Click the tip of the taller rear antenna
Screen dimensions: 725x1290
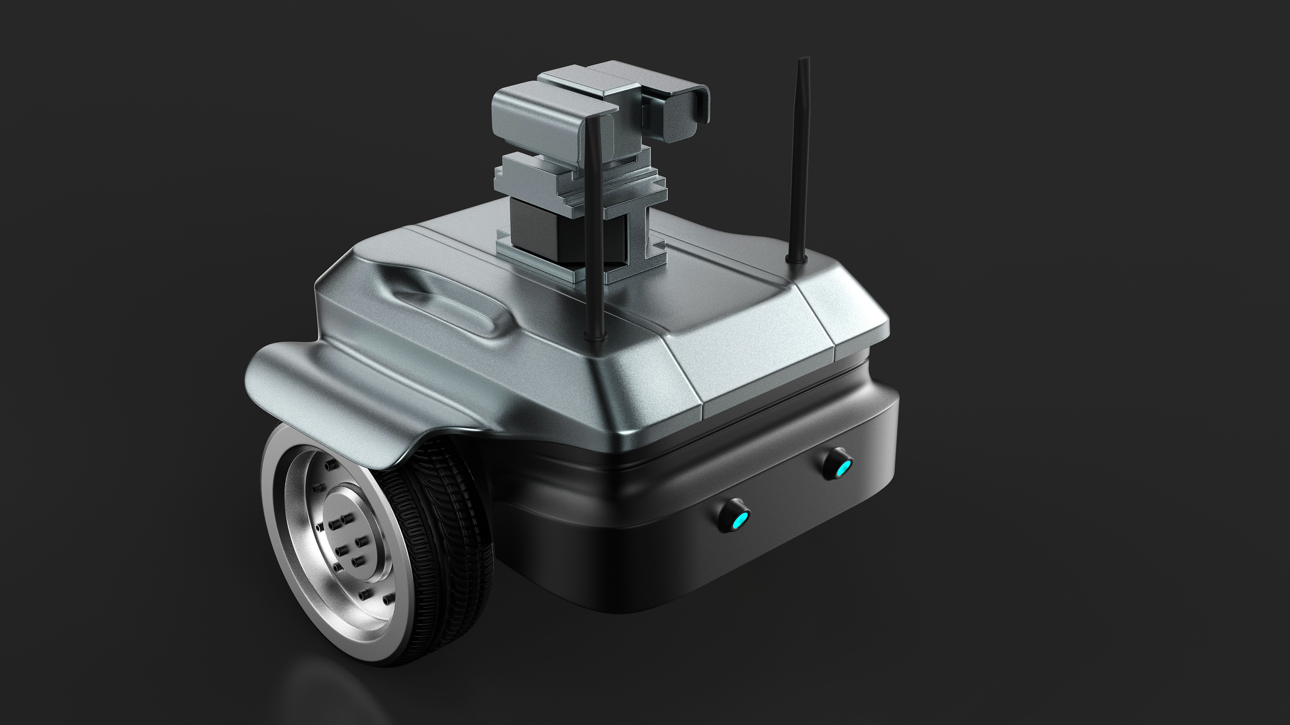(803, 61)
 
